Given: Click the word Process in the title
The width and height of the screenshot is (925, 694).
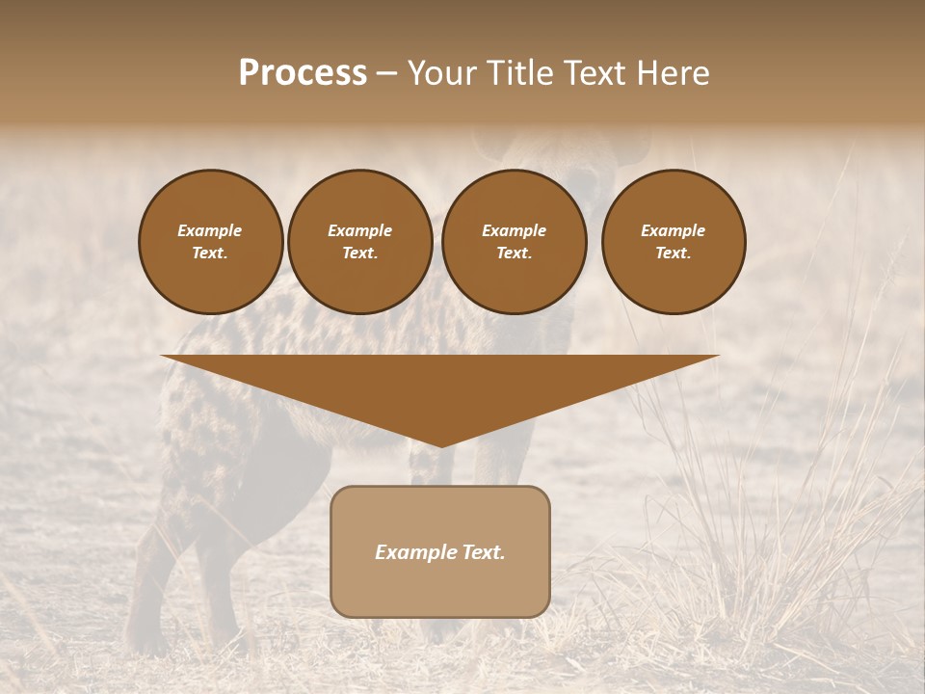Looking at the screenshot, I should point(303,73).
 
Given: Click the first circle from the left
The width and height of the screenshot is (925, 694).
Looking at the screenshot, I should point(210,241).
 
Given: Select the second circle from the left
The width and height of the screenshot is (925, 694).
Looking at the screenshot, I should point(359,241).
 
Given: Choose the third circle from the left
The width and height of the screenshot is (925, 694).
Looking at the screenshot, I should point(514,241).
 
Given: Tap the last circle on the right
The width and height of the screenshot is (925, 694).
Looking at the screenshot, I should point(674,241).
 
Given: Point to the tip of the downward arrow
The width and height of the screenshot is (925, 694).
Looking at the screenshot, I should point(441,444).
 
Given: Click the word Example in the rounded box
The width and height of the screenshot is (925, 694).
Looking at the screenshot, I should point(412,552).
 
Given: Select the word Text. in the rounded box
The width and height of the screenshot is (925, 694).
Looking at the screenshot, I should point(481,552).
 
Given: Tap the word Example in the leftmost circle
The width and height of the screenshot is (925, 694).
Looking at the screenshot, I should point(210,230).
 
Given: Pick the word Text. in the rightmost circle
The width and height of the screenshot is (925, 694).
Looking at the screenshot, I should point(674,253).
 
